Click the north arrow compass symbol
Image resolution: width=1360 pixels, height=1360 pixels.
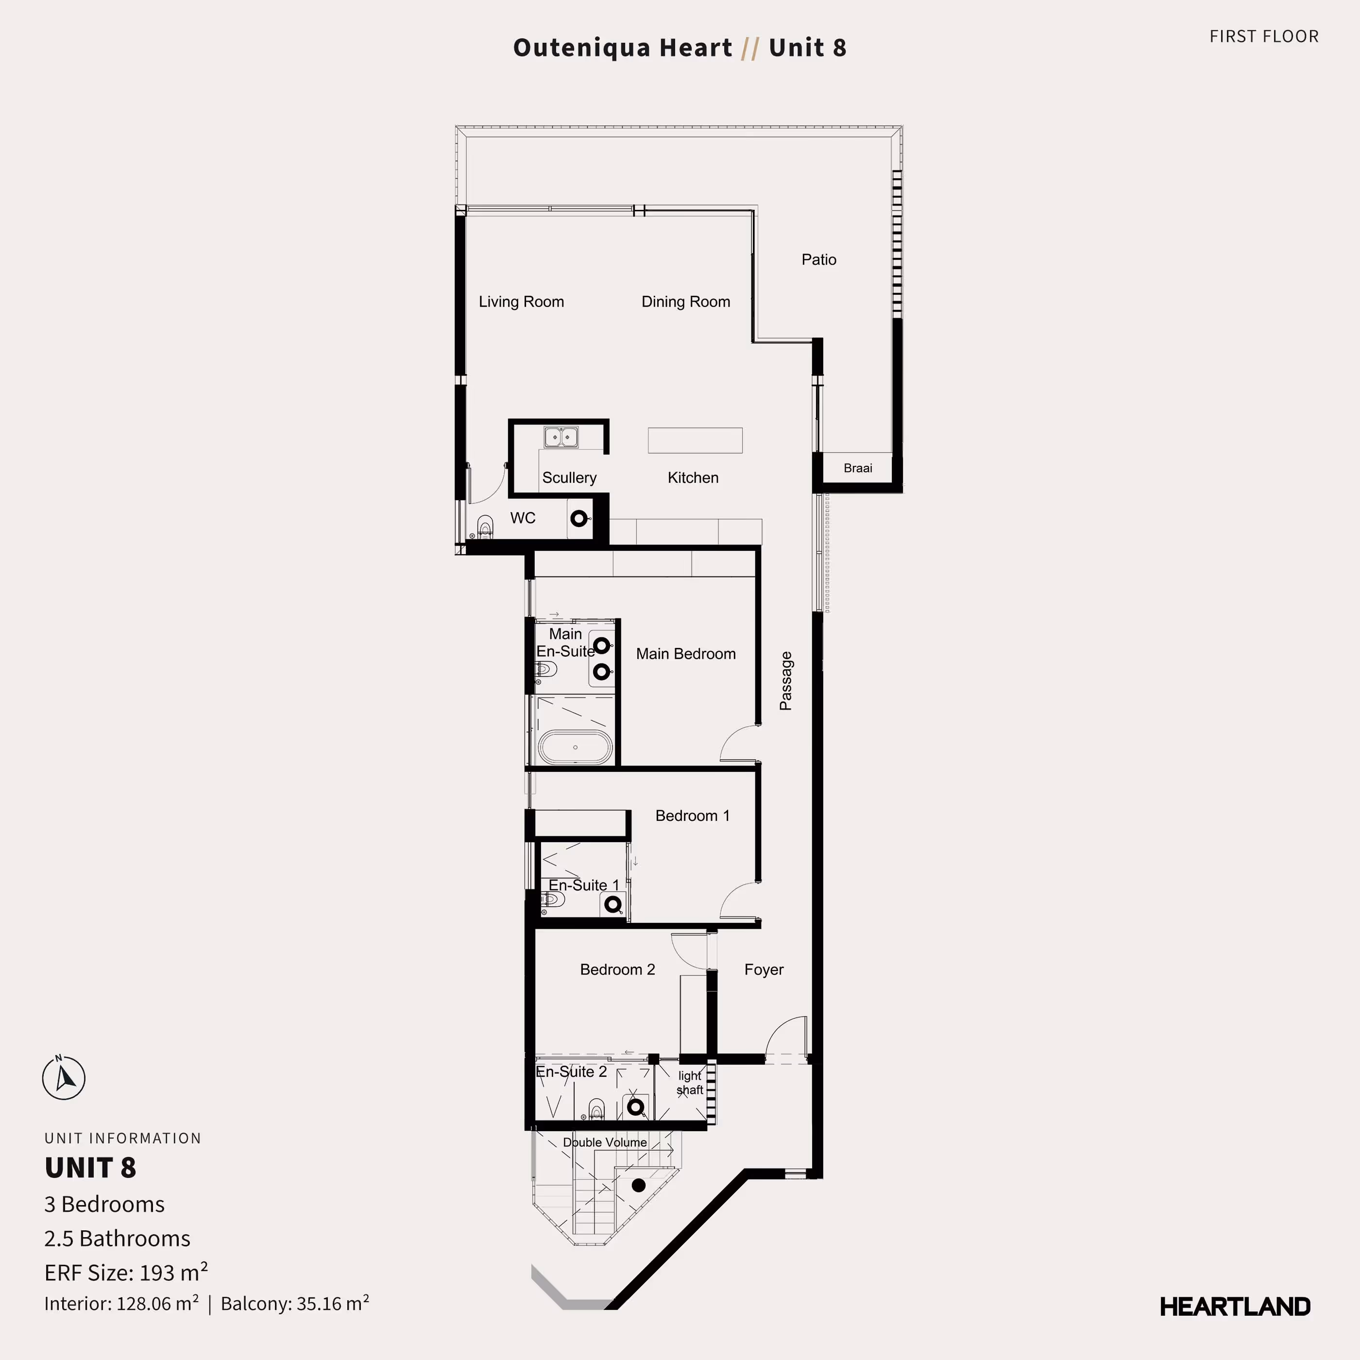pyautogui.click(x=64, y=1078)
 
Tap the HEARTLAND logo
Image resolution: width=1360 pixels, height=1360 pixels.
pyautogui.click(x=1235, y=1307)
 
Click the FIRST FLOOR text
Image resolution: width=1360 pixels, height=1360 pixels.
pyautogui.click(x=1263, y=36)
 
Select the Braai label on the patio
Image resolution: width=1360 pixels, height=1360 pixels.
pyautogui.click(x=857, y=468)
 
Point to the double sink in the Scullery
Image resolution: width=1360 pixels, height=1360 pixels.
pyautogui.click(x=561, y=437)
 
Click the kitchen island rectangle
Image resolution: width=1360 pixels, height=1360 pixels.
pyautogui.click(x=695, y=441)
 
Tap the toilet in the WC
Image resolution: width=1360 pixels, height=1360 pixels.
pyautogui.click(x=485, y=526)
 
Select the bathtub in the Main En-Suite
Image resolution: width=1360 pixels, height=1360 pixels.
pyautogui.click(x=575, y=747)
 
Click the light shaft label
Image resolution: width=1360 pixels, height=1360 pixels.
pyautogui.click(x=690, y=1083)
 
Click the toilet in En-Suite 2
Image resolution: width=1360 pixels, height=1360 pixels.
pyautogui.click(x=596, y=1110)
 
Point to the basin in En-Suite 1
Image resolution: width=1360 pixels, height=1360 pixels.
pyautogui.click(x=613, y=904)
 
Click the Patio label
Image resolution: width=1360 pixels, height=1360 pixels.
pyautogui.click(x=819, y=260)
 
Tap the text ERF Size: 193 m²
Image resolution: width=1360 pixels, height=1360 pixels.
pyautogui.click(x=126, y=1273)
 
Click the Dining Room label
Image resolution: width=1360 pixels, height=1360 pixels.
pyautogui.click(x=686, y=302)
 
